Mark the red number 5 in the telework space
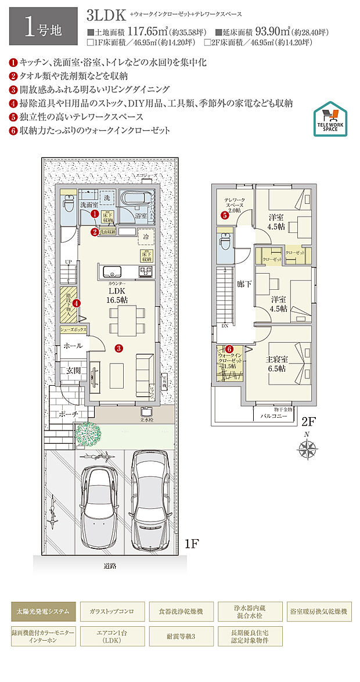coord(224,215)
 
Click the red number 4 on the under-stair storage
coord(75,302)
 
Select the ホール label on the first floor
coord(73,346)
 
